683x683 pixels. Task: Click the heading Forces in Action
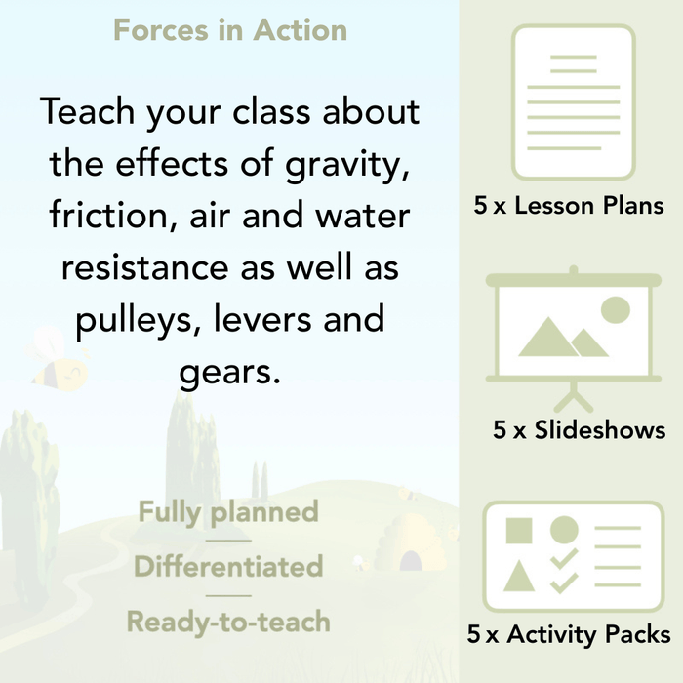pyautogui.click(x=230, y=30)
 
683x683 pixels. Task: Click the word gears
pyautogui.click(x=229, y=372)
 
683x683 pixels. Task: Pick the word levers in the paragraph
pyautogui.click(x=253, y=320)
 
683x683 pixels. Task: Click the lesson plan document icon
pyautogui.click(x=573, y=101)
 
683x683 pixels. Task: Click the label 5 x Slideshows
pyautogui.click(x=580, y=430)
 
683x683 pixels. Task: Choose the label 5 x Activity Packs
pyautogui.click(x=569, y=635)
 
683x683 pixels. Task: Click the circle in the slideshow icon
pyautogui.click(x=615, y=310)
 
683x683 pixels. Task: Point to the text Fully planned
pyautogui.click(x=228, y=512)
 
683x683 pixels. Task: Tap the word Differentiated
pyautogui.click(x=228, y=567)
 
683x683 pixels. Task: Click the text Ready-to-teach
pyautogui.click(x=228, y=622)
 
